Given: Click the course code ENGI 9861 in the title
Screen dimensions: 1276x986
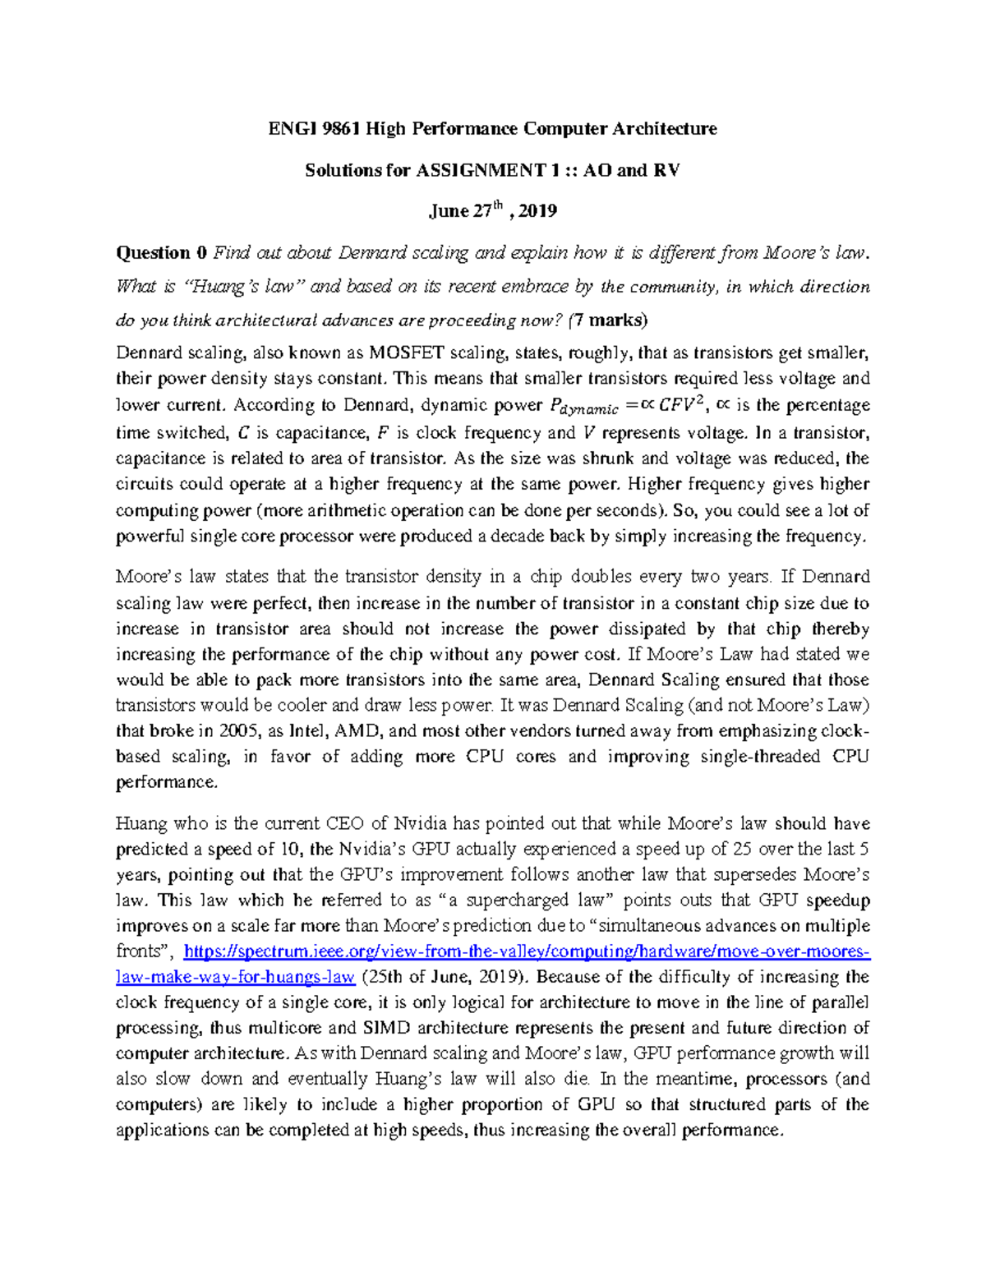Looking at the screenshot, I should click(x=315, y=128).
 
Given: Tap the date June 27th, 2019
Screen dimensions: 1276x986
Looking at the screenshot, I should click(x=492, y=211).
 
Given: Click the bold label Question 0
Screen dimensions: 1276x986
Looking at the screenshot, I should click(x=161, y=252).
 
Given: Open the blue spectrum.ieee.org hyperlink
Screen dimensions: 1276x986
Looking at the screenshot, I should click(x=526, y=951).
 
